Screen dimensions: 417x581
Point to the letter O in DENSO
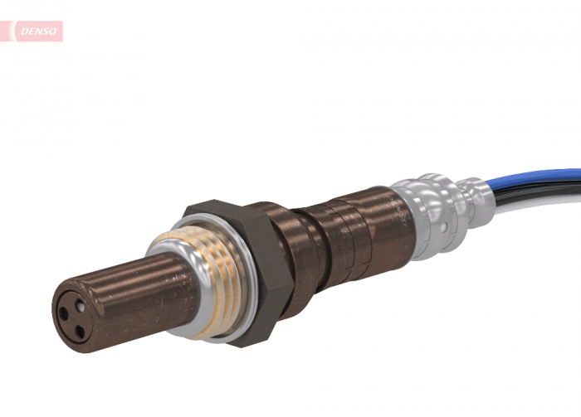(51, 32)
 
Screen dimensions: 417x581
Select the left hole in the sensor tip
(62, 314)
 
